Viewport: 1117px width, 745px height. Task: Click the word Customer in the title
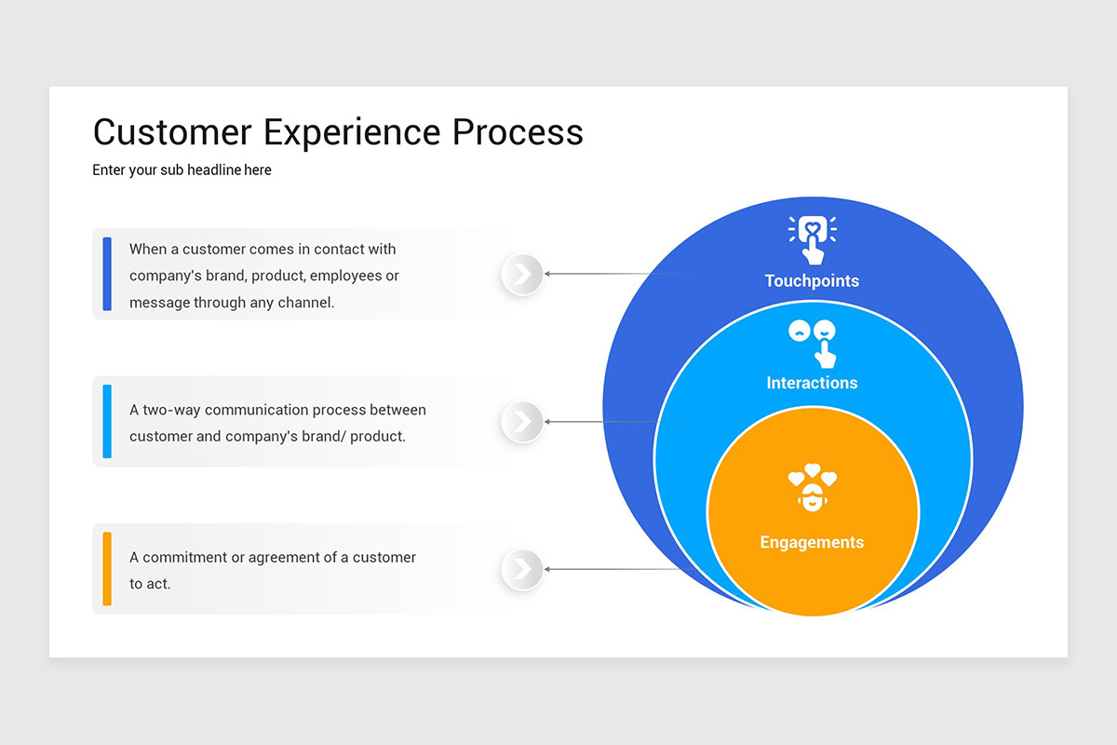click(172, 132)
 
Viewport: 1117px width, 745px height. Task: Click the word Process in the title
click(518, 132)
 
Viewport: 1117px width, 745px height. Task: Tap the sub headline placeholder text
click(182, 170)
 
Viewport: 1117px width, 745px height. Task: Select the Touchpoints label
click(812, 281)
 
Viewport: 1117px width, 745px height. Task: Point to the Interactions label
click(812, 383)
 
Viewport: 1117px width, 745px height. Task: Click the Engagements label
click(812, 542)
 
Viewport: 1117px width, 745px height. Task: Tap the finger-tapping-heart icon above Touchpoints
click(813, 240)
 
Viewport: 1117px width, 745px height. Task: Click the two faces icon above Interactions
click(813, 344)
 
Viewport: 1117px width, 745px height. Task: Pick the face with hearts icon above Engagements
click(813, 488)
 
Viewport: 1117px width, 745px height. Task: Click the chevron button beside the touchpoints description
click(522, 274)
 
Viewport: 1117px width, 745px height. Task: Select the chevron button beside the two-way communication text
click(522, 422)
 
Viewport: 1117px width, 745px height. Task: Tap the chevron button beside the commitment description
click(522, 569)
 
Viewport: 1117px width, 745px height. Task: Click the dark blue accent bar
click(107, 274)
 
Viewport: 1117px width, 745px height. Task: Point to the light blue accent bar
click(107, 421)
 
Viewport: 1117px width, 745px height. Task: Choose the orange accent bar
click(107, 569)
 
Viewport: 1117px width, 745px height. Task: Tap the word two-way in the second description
click(171, 410)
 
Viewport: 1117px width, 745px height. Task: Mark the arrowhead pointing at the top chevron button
click(547, 274)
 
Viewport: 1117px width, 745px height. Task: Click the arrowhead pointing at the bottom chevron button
click(547, 569)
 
